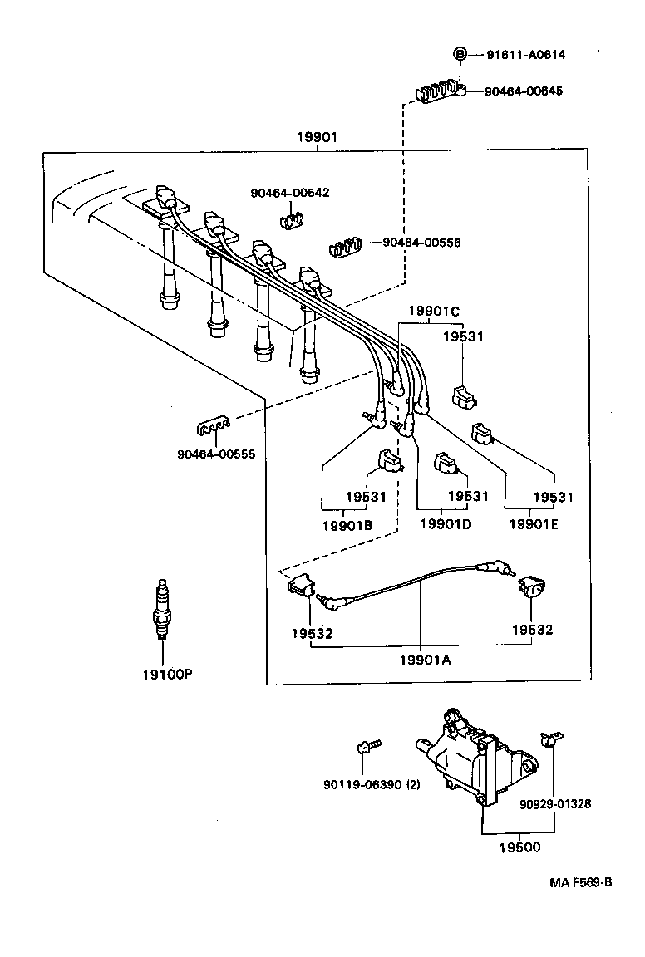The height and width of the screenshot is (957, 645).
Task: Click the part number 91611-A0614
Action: pos(527,55)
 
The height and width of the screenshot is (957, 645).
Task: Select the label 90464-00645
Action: pos(524,91)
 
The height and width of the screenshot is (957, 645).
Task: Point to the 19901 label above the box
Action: pos(318,138)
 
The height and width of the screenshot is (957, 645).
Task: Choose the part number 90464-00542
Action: pos(289,193)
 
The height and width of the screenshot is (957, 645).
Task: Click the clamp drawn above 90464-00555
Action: pos(211,428)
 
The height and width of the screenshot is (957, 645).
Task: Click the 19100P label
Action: pos(166,673)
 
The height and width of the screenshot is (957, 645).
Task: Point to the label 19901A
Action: pos(424,660)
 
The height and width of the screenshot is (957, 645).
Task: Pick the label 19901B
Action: pos(347,525)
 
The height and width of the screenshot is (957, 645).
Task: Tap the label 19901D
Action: pos(446,524)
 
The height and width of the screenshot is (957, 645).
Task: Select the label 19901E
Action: pos(535,524)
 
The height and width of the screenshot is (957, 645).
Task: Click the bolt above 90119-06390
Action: pos(366,747)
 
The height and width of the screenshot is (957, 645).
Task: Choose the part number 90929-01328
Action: pos(555,804)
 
